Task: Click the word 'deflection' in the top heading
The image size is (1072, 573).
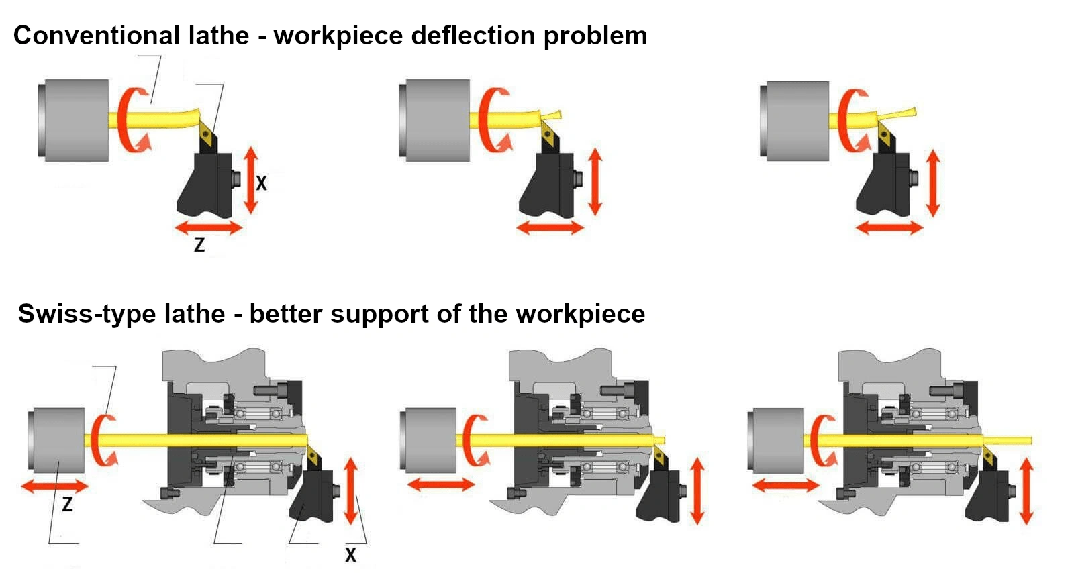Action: coord(473,36)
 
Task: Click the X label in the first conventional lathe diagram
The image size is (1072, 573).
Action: coord(261,183)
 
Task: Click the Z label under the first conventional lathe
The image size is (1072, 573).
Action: coord(199,245)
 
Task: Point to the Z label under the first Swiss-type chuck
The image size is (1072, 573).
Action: coord(67,503)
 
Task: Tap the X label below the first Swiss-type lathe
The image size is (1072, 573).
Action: coord(350,555)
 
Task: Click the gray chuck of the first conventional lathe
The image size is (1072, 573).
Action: coord(74,121)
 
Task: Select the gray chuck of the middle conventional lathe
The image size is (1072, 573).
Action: coord(435,121)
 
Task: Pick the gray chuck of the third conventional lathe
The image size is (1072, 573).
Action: coord(795,121)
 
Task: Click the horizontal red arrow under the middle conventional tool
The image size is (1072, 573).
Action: coord(550,228)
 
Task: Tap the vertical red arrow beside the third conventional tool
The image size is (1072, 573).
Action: coord(933,183)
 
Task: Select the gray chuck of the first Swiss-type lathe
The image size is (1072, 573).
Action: coord(56,439)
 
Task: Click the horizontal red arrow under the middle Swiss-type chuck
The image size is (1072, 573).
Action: coord(440,484)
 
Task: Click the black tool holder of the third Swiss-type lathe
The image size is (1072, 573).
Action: coord(988,497)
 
